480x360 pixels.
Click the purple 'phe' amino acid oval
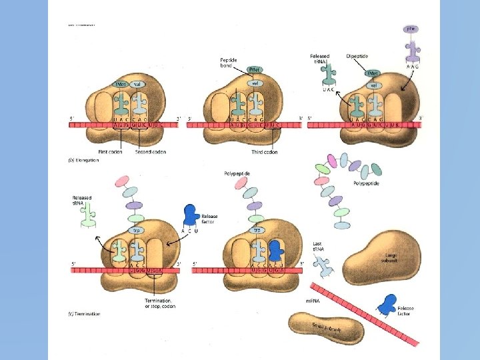(x=412, y=29)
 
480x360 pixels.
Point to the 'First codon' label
(x=110, y=152)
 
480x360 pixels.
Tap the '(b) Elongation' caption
(x=83, y=161)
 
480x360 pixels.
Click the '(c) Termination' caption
(x=85, y=314)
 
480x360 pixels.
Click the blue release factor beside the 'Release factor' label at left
(x=191, y=215)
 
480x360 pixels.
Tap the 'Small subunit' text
(x=327, y=328)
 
